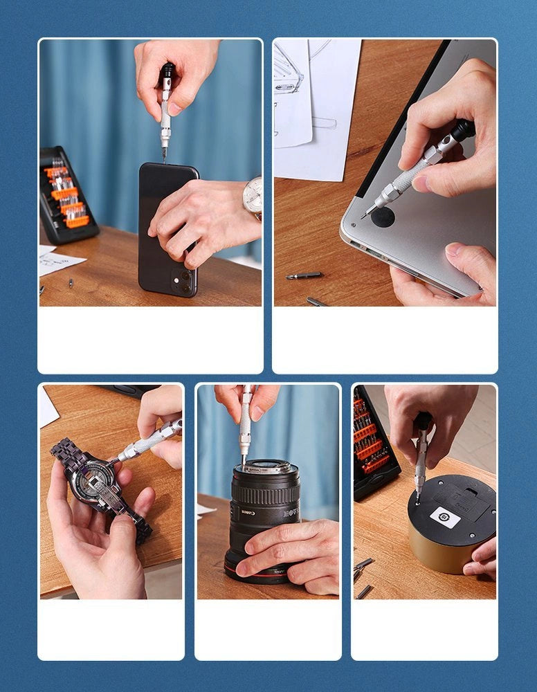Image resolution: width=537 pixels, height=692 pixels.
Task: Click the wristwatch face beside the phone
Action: [253, 195]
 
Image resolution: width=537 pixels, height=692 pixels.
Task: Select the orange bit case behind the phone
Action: [66, 196]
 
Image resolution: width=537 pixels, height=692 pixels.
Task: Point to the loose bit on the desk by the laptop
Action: [304, 275]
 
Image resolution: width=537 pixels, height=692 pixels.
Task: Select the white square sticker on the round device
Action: [445, 516]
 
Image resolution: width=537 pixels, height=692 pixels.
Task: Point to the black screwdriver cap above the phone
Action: [167, 72]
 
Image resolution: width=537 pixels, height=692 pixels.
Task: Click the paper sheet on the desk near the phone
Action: [58, 260]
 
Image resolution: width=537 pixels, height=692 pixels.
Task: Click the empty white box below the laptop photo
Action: [384, 339]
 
